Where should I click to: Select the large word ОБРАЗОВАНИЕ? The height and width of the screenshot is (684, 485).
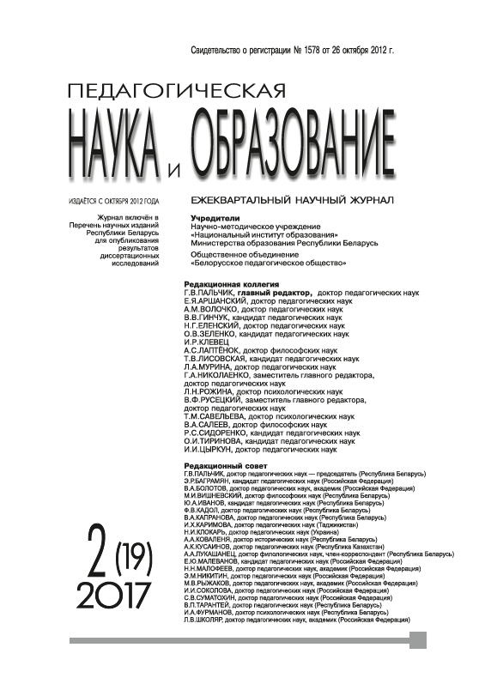click(x=292, y=137)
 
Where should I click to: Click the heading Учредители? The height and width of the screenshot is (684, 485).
click(x=214, y=219)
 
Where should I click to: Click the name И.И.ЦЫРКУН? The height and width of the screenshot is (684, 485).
click(x=209, y=449)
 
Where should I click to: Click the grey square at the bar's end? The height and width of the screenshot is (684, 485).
click(x=418, y=640)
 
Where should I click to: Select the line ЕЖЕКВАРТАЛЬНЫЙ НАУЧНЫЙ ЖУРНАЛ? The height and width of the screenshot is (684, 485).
click(x=294, y=200)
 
